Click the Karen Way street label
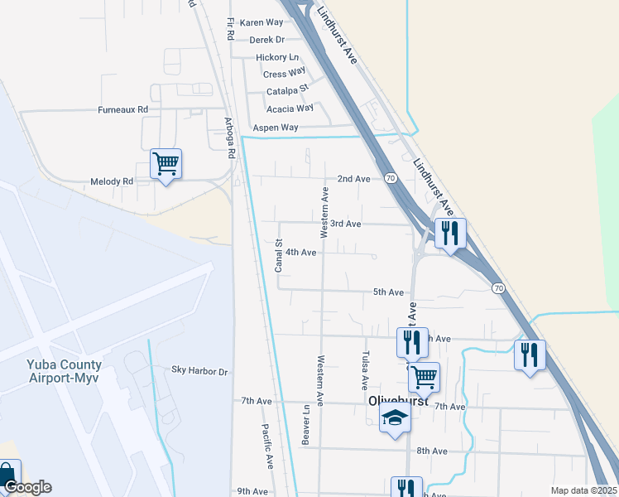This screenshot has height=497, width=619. [x=262, y=22]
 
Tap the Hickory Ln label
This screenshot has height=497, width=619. [x=277, y=57]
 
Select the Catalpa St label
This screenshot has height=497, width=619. [x=287, y=90]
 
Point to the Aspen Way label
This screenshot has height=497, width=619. [x=275, y=128]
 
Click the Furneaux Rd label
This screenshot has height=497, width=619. [x=122, y=109]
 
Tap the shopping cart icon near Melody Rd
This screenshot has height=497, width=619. [x=166, y=164]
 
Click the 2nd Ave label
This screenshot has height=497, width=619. [x=353, y=179]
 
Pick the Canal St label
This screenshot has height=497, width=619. [x=279, y=256]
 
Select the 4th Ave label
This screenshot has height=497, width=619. [x=301, y=252]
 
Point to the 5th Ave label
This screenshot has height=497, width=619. [x=388, y=292]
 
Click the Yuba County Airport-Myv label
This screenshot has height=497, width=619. [x=51, y=370]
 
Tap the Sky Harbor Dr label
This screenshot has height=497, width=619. [x=199, y=371]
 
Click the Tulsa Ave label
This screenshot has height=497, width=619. [x=363, y=370]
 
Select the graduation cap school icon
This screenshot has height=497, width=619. [x=395, y=417]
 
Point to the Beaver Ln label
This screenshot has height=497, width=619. [x=305, y=425]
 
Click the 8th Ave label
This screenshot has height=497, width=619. [x=432, y=451]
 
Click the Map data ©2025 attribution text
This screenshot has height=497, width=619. [x=583, y=490]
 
